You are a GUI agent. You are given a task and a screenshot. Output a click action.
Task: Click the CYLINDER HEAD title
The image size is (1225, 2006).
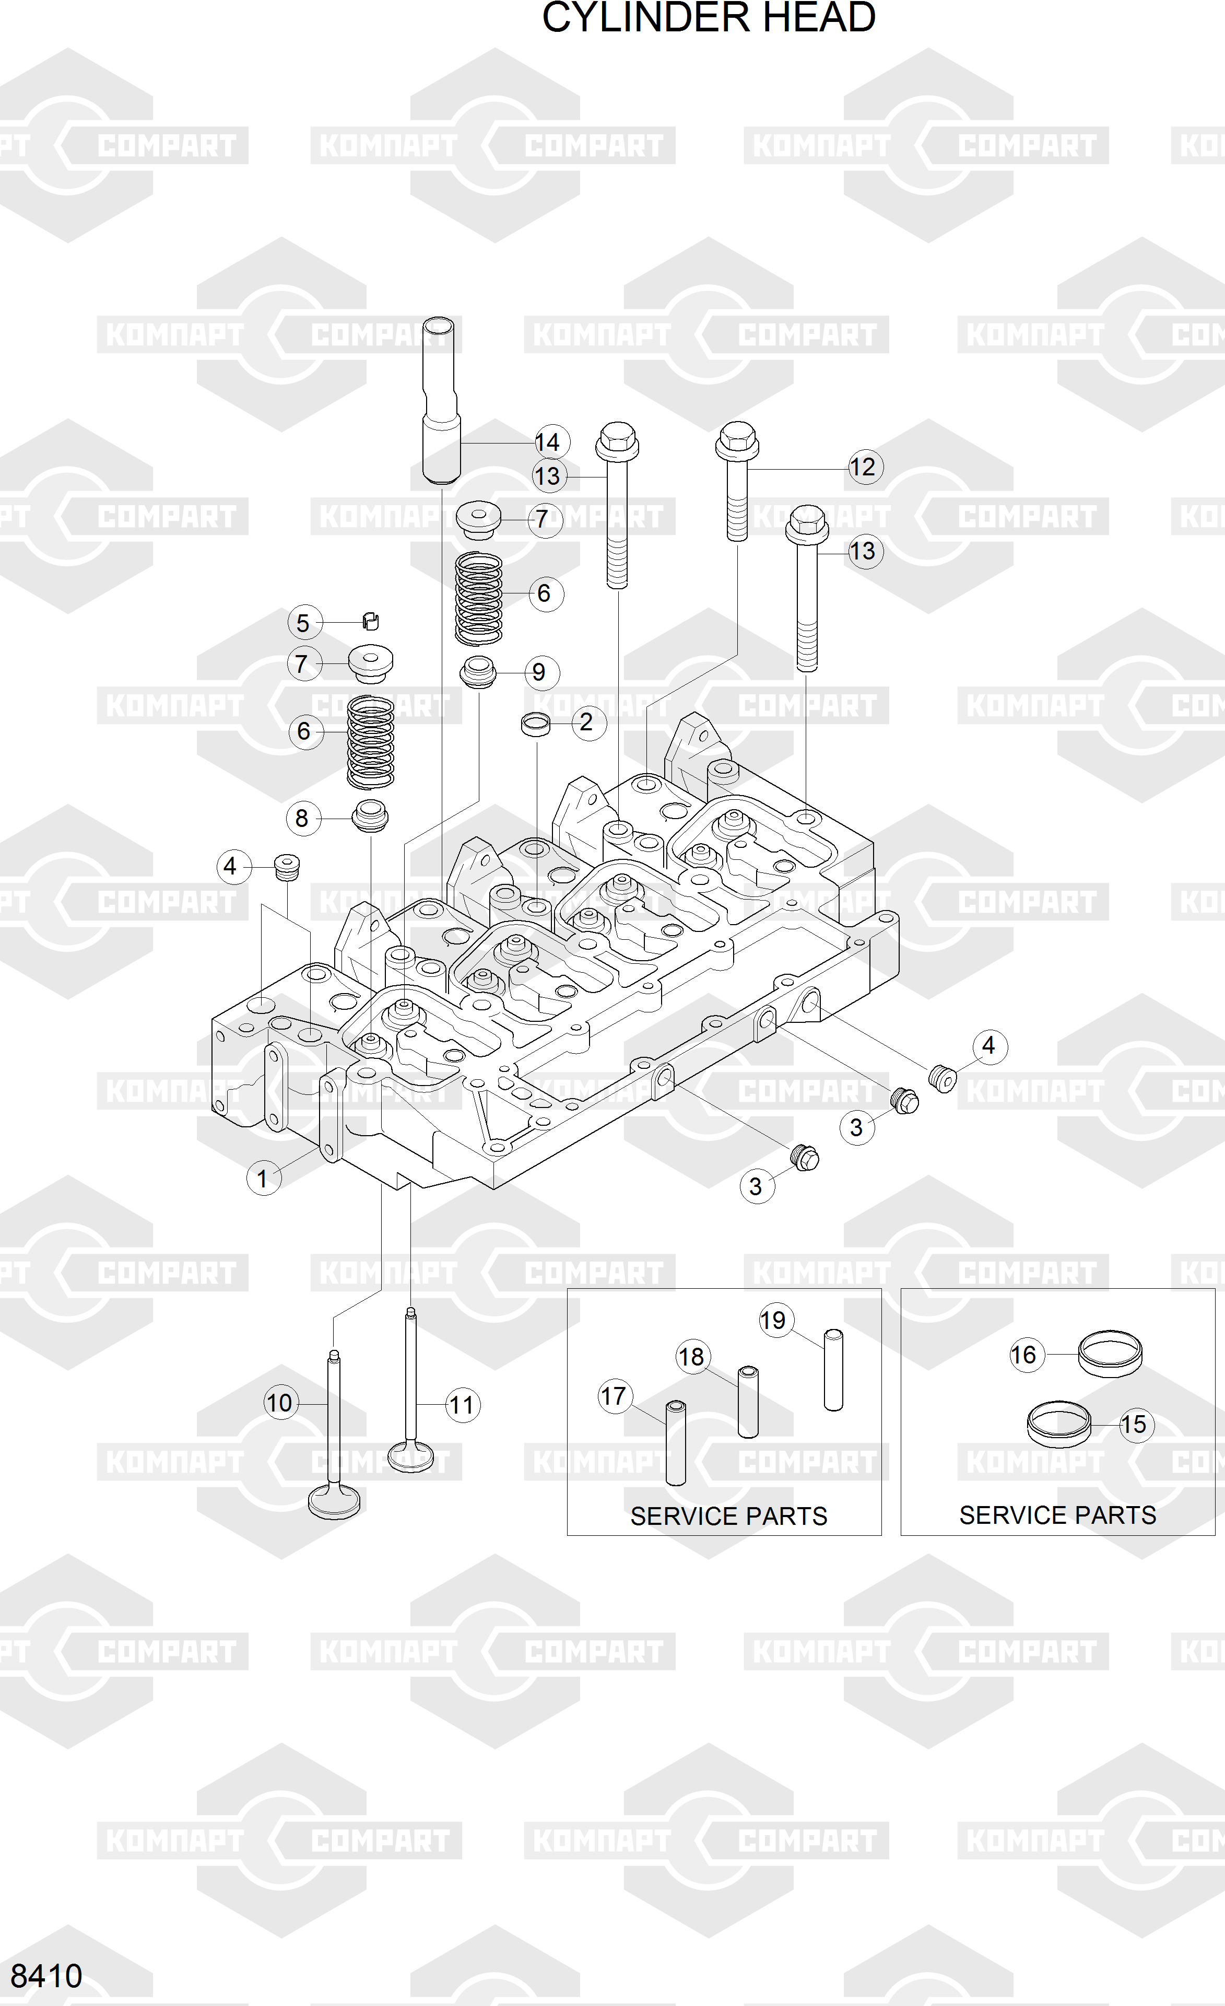click(x=708, y=18)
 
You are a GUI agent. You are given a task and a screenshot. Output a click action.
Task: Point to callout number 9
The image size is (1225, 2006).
click(x=539, y=672)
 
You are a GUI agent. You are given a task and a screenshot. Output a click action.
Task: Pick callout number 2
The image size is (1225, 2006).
click(x=586, y=722)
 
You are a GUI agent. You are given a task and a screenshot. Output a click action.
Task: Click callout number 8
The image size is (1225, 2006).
click(x=302, y=818)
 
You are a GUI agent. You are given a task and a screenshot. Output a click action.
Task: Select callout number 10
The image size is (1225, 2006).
click(x=279, y=1403)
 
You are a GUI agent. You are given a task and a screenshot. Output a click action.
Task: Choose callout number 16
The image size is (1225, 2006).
click(x=1024, y=1355)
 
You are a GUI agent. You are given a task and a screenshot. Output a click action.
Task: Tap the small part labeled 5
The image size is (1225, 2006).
click(x=371, y=621)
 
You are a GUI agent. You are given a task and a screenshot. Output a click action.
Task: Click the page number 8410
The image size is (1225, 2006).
click(x=46, y=1976)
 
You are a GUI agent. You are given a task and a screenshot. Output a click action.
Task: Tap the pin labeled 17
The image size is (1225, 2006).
click(x=676, y=1443)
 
